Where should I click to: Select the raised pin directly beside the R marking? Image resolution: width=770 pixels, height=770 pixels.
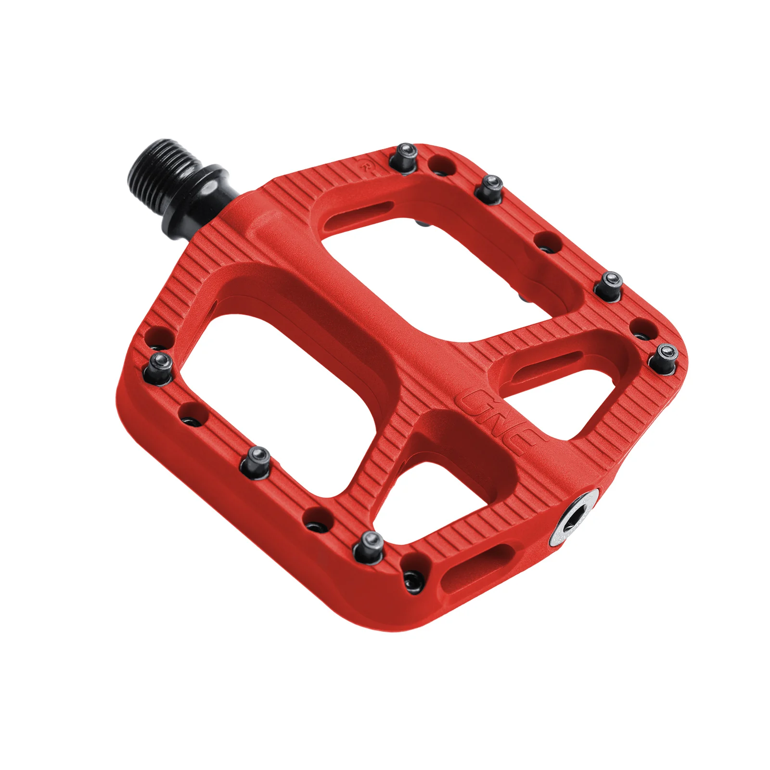tap(406, 156)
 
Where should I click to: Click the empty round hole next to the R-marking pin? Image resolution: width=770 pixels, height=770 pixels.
tap(442, 165)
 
